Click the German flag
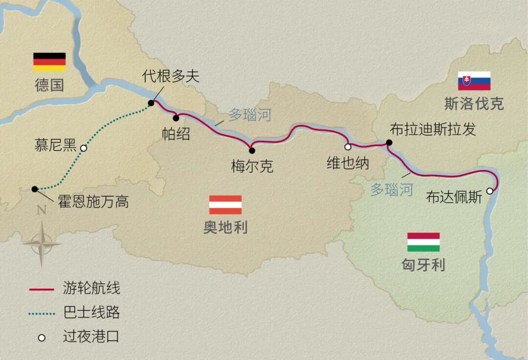49,62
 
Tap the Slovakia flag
474,81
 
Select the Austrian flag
225,205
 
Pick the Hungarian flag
423,242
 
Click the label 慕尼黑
55,145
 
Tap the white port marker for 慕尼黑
84,148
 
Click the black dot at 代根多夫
151,103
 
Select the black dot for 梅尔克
252,150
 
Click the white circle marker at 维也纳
348,147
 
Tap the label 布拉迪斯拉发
433,129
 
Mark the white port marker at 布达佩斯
490,191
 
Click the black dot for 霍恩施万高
34,189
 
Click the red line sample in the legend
42,289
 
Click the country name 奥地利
225,228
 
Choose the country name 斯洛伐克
474,104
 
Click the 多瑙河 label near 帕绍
250,116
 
